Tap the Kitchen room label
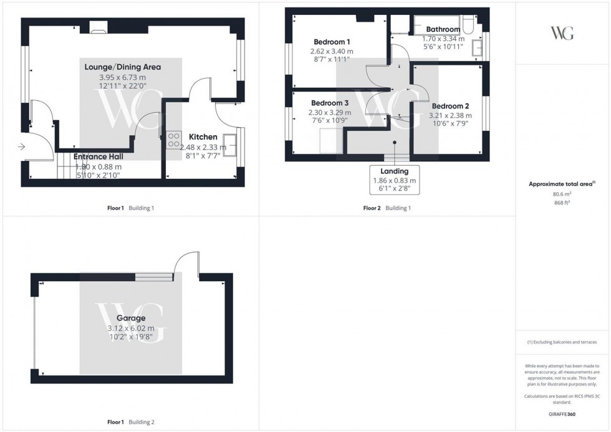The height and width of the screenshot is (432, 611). point(203,137)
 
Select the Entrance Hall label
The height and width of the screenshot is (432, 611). point(97,157)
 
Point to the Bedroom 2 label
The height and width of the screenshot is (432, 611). point(450,106)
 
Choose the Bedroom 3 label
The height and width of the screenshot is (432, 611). point(330,103)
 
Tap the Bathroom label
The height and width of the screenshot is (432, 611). point(443,29)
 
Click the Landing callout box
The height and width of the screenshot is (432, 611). point(394,180)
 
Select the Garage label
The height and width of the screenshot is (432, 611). point(130,318)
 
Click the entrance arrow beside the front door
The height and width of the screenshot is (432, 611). point(21,147)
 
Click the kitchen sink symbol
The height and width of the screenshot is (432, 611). point(230,145)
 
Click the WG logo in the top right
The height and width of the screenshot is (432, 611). point(562,33)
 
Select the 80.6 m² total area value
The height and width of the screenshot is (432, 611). point(562,194)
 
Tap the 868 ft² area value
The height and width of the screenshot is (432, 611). point(562,202)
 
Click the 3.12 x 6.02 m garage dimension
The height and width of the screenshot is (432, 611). point(130,329)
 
